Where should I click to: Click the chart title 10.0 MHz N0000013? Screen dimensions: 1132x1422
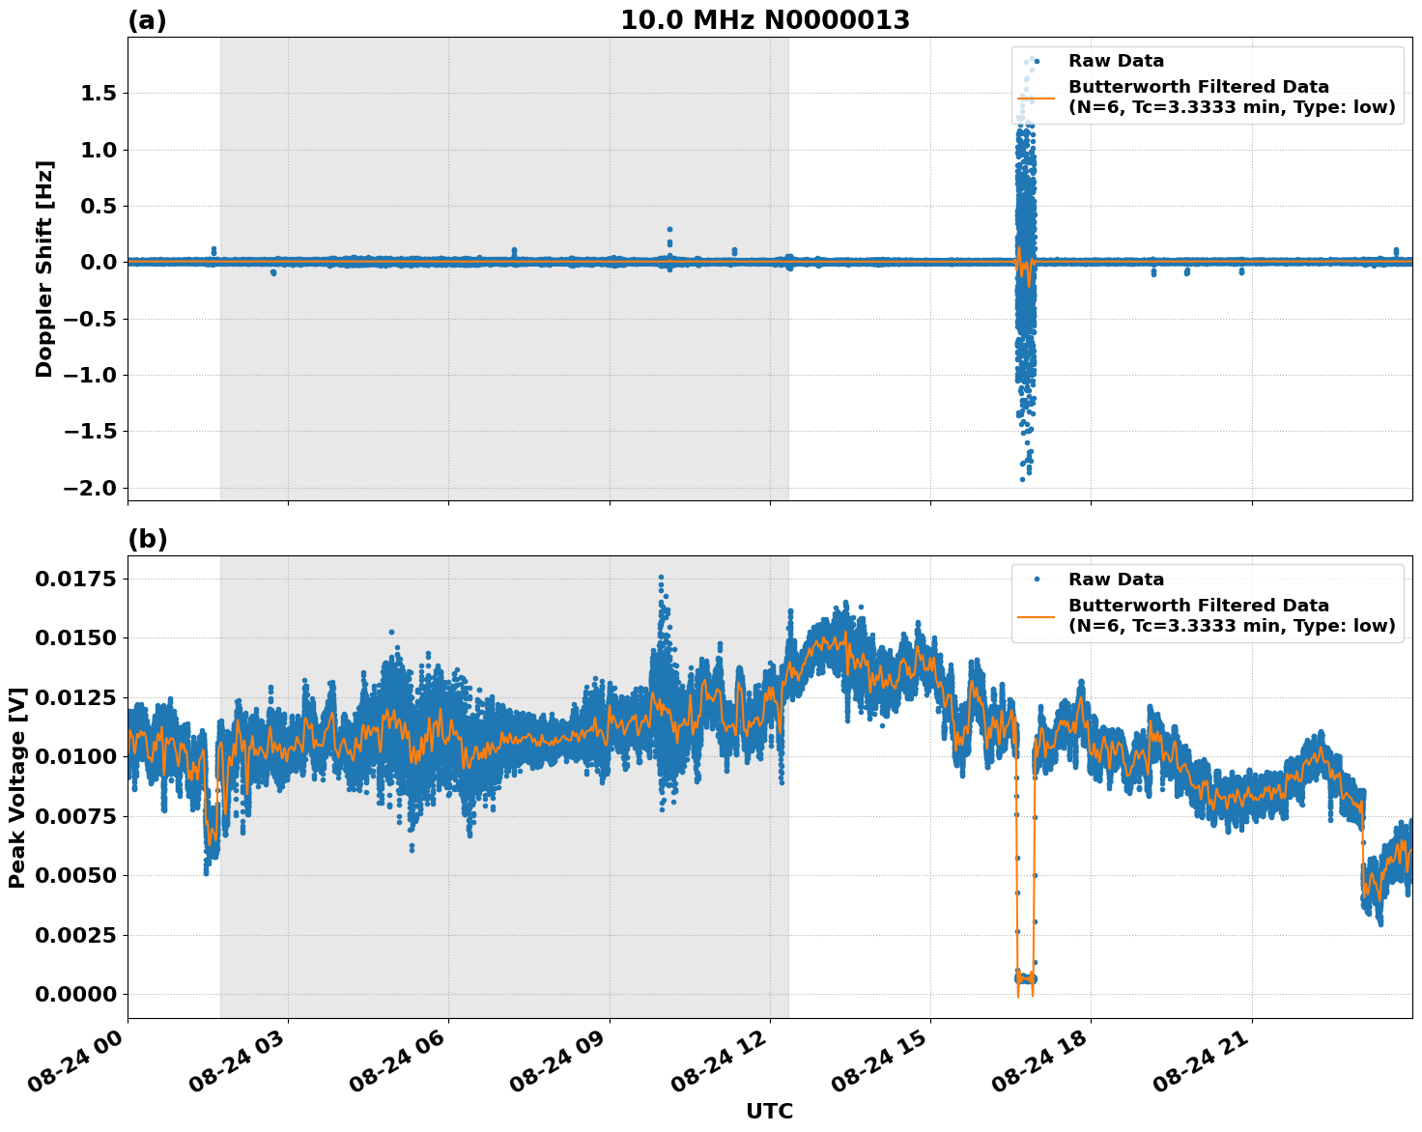[x=764, y=20]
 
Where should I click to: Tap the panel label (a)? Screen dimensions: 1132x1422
[x=147, y=20]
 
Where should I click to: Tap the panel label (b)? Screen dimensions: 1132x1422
[x=147, y=539]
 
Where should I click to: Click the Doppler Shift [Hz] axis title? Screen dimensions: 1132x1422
[x=44, y=269]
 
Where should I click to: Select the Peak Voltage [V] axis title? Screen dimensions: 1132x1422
[x=16, y=787]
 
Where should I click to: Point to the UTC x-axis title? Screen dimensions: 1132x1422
[x=769, y=1111]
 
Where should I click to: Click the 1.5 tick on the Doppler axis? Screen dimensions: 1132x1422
[x=93, y=94]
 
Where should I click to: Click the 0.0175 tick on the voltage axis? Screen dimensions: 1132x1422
[x=75, y=580]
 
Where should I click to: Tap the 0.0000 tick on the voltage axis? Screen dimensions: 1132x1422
[x=75, y=994]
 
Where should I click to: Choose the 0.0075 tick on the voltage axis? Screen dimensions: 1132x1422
[x=75, y=816]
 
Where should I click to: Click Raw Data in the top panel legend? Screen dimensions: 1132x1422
[x=1116, y=61]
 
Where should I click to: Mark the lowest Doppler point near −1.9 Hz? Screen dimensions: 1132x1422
[x=1022, y=479]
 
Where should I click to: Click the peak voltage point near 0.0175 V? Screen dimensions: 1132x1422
[x=661, y=577]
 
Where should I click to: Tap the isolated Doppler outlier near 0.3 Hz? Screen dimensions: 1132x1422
[x=669, y=229]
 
